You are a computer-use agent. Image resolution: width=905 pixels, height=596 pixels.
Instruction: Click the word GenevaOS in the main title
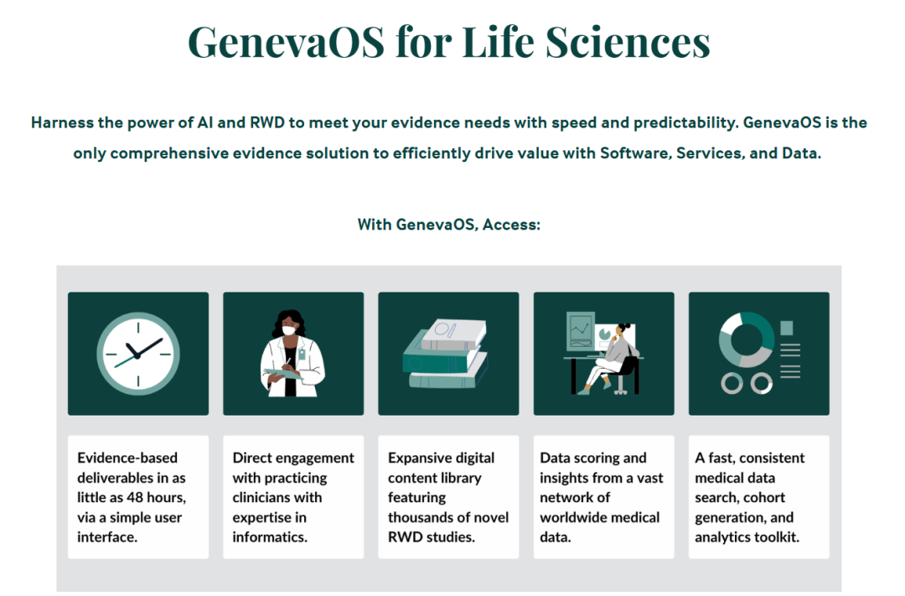[x=287, y=42]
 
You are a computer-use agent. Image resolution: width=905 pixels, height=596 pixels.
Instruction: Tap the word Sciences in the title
[x=628, y=42]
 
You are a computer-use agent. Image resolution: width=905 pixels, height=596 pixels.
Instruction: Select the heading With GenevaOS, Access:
[x=449, y=225]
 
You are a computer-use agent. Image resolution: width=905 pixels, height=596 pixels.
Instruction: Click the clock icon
[x=138, y=354]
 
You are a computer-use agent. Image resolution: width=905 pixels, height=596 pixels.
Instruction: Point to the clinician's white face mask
[x=289, y=330]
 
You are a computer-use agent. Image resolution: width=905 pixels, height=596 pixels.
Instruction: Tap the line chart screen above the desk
[x=581, y=331]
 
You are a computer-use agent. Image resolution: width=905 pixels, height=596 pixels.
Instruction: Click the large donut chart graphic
[x=747, y=340]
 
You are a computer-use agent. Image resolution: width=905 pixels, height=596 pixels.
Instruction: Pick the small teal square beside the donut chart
[x=787, y=328]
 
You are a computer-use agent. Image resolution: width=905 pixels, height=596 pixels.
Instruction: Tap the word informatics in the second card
[x=270, y=537]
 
